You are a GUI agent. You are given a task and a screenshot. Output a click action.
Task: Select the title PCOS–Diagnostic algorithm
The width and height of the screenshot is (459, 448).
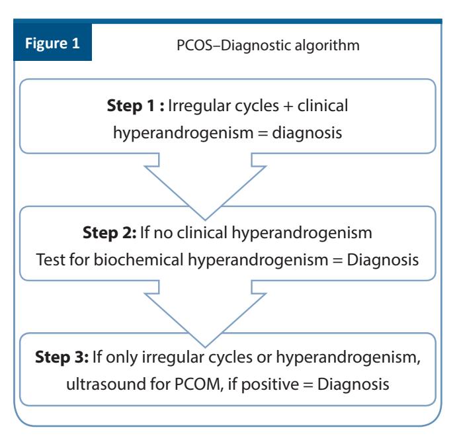tap(268, 46)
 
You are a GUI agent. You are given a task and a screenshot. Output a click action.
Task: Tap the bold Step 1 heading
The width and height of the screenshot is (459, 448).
tap(135, 106)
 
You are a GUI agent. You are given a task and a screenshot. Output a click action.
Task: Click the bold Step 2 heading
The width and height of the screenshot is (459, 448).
tap(110, 233)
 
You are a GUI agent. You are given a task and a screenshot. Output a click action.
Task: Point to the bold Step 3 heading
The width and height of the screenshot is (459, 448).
tap(62, 357)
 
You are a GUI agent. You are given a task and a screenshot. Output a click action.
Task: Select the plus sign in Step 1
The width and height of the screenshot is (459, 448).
tap(288, 107)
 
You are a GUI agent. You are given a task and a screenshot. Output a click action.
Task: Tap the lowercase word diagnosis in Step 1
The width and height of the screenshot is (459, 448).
tap(307, 132)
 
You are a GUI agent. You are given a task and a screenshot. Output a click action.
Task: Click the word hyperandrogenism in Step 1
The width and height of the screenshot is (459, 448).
tap(183, 132)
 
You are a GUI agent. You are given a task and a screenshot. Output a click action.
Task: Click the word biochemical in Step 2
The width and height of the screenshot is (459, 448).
tap(138, 259)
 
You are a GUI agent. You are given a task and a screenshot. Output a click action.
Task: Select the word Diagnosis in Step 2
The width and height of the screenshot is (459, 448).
tap(382, 260)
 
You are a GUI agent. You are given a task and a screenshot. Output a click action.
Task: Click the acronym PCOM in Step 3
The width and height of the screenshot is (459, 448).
tap(198, 384)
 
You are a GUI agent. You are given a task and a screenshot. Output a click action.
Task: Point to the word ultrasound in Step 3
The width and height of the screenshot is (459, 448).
tap(106, 384)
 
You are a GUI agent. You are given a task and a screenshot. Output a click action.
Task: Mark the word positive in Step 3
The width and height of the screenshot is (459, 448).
tap(270, 384)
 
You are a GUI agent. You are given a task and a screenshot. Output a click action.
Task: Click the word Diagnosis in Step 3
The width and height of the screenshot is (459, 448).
tap(353, 384)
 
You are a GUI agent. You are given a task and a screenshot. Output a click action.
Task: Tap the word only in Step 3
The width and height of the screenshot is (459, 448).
tap(122, 357)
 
